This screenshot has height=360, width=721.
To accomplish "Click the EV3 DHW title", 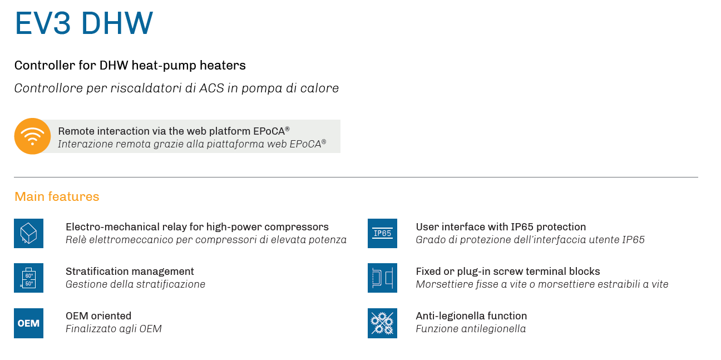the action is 83,23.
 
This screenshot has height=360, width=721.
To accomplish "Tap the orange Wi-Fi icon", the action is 32,136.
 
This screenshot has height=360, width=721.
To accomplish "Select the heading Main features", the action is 57,196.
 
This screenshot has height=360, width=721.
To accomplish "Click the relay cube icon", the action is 28,234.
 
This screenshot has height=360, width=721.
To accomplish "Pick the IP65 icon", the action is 382,234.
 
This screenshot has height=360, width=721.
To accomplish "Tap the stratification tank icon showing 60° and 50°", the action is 28,278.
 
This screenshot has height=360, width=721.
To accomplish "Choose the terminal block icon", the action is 382,278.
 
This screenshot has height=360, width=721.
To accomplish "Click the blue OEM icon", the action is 28,323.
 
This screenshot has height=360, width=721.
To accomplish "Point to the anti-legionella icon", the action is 382,323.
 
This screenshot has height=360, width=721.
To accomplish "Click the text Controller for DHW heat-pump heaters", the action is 130,65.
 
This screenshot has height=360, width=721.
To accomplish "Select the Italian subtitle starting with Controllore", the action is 176,88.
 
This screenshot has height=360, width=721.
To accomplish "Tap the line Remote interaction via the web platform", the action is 174,131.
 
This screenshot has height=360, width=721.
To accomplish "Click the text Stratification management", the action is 130,272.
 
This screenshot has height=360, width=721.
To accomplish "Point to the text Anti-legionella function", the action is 471,316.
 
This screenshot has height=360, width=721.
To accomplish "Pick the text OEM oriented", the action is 98,316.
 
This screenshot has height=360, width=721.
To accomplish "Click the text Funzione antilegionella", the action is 471,329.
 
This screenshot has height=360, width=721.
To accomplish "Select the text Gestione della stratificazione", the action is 135,284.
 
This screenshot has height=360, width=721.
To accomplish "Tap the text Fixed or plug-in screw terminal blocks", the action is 508,272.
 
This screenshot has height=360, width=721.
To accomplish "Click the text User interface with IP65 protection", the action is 501,227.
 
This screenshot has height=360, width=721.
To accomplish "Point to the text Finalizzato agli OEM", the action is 113,329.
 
